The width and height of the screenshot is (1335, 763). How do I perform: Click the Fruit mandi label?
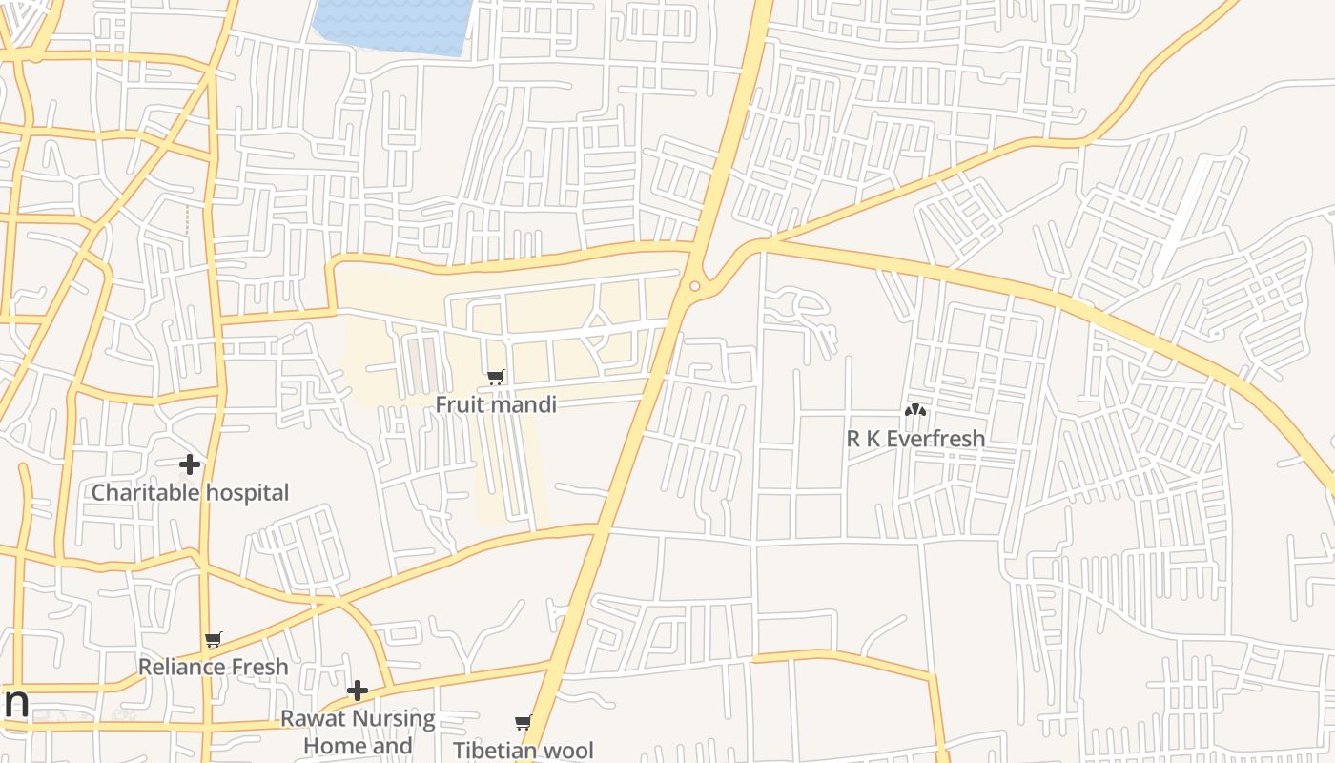496,404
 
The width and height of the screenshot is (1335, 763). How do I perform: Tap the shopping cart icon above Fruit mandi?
496,377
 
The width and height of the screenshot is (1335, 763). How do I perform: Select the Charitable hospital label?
190,493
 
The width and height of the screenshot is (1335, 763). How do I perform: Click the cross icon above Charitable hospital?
190,464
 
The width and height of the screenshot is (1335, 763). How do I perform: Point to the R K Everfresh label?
915,439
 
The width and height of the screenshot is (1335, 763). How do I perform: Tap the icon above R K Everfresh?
915,410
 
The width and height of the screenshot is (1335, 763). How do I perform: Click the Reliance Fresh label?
213,667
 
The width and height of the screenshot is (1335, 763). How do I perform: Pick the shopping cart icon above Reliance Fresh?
214,639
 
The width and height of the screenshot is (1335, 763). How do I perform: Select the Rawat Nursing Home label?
358,731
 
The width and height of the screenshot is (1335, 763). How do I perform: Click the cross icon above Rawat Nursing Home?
358,690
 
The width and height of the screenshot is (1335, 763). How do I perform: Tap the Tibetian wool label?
523,751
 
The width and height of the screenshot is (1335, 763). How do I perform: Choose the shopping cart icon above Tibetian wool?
523,723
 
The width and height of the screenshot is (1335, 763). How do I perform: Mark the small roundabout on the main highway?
694,286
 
